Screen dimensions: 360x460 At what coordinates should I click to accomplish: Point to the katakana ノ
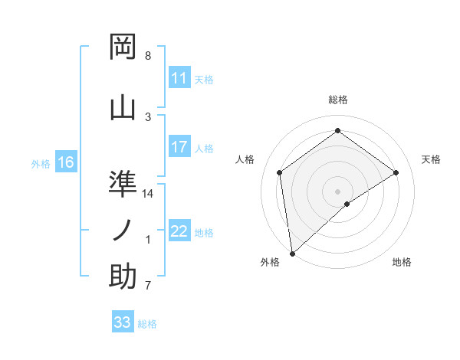(x=123, y=229)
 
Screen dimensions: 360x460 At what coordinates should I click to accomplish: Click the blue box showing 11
(x=179, y=78)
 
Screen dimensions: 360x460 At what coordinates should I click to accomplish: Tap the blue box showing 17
(x=179, y=147)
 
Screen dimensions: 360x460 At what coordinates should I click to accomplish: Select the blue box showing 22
(x=179, y=231)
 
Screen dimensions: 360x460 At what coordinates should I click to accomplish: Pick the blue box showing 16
(x=66, y=162)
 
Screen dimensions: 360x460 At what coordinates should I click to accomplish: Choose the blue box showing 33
(x=123, y=322)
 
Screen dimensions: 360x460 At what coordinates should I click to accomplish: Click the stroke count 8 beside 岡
(x=147, y=56)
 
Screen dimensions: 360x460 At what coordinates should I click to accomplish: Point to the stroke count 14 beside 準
(x=149, y=194)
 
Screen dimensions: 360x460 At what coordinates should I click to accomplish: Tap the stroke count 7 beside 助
(x=147, y=286)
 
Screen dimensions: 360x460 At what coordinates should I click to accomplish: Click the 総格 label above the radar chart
(x=338, y=100)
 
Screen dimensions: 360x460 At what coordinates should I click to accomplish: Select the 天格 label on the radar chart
(x=432, y=159)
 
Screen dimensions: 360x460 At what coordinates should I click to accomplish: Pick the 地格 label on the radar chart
(x=402, y=262)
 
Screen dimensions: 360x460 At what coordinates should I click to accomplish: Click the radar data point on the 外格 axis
(x=292, y=253)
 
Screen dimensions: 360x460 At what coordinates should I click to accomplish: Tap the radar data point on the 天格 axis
(x=396, y=172)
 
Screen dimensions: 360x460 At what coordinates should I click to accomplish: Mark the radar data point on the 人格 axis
(x=280, y=172)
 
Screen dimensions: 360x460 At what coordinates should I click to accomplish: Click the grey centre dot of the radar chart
(x=338, y=191)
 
